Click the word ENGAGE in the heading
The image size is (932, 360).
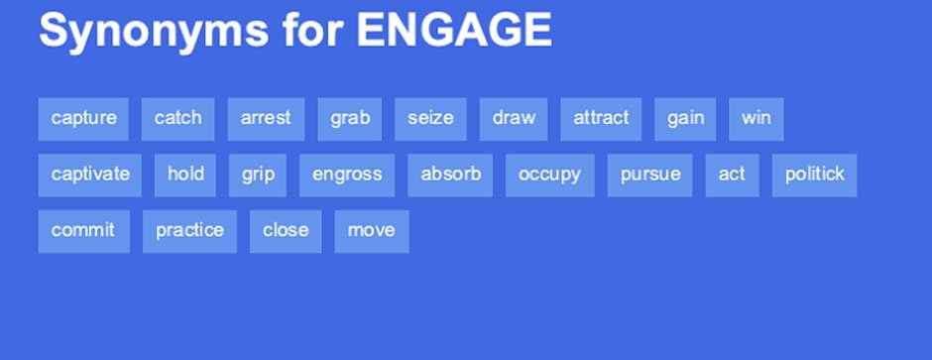tap(455, 31)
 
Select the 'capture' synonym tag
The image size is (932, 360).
tap(83, 119)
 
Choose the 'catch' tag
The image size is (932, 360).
tap(177, 119)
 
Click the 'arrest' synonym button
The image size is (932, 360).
tap(266, 119)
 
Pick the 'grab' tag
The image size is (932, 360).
tap(349, 119)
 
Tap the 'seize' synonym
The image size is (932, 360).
tap(430, 119)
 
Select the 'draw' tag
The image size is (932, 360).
tap(514, 119)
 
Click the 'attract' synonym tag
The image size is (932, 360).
tap(601, 119)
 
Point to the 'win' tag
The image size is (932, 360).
tap(757, 119)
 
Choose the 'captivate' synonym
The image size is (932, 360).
tap(90, 176)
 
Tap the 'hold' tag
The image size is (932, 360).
tap(184, 176)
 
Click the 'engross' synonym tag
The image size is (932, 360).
tap(347, 176)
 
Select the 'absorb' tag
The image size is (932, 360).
tap(450, 176)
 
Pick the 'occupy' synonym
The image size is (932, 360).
tap(550, 176)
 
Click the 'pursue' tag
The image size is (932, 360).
tap(649, 176)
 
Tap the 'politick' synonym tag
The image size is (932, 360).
tap(814, 176)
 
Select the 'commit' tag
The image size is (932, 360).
tap(84, 232)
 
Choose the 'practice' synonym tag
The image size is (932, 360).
tap(189, 232)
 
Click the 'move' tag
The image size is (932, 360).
tap(372, 232)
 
